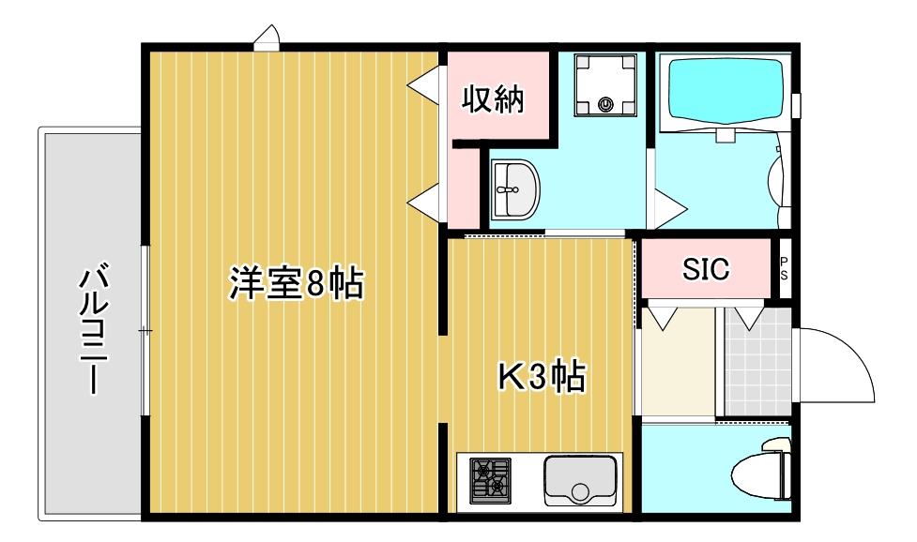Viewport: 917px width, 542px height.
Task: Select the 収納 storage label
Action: [x=491, y=98]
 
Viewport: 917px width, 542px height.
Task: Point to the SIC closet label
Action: [x=705, y=269]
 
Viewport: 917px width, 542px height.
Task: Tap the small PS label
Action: [x=784, y=269]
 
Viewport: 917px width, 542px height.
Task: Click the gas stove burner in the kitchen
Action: [x=490, y=478]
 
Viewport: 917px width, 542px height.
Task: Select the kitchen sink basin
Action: [x=579, y=481]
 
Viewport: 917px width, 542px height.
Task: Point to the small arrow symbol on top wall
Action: [x=267, y=38]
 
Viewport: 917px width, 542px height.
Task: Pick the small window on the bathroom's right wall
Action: [x=796, y=105]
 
